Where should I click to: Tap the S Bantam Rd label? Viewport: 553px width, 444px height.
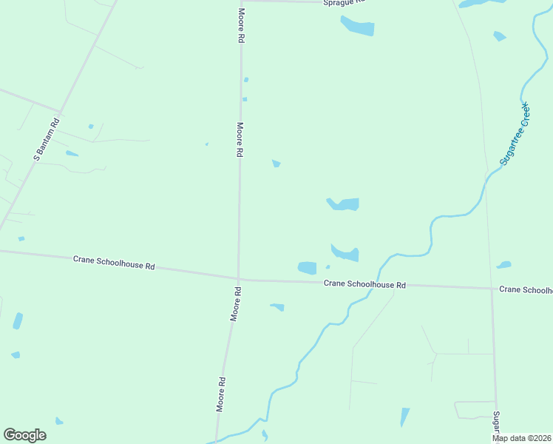tap(46, 141)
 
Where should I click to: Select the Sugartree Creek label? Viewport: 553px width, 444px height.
tap(515, 134)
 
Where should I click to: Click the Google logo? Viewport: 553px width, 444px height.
tap(24, 435)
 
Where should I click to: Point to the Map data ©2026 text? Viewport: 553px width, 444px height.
tap(522, 438)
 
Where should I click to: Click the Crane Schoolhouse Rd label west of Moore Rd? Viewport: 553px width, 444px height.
tap(114, 262)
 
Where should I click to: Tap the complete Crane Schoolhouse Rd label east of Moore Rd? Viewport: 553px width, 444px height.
tap(365, 284)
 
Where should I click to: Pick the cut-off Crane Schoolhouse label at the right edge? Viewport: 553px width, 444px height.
tap(526, 289)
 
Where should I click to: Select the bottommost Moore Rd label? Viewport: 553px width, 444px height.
tap(221, 394)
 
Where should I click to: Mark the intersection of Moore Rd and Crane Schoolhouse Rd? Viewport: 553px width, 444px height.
tap(237, 279)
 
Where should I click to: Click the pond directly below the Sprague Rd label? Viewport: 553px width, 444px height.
tap(359, 27)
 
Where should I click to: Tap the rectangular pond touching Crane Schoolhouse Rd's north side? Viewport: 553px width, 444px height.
tap(307, 268)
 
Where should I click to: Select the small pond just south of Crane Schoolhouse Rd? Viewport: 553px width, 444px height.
tap(278, 306)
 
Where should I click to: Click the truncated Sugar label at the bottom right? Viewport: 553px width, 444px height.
tap(498, 425)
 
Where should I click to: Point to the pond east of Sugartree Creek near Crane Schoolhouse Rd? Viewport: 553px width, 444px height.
tap(504, 264)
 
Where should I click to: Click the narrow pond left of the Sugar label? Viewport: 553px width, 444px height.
tap(404, 417)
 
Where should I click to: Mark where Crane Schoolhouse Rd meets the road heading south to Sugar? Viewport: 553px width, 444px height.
tap(492, 288)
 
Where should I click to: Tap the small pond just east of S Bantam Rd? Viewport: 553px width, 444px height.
tap(72, 154)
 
